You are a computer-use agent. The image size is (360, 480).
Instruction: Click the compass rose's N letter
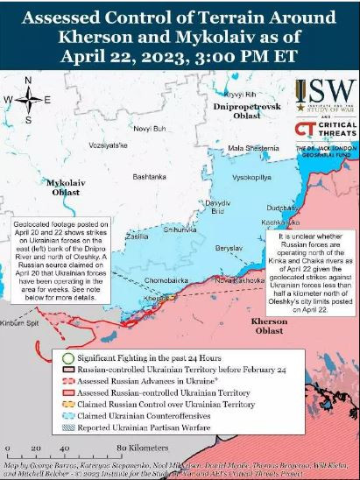[x=28, y=81]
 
